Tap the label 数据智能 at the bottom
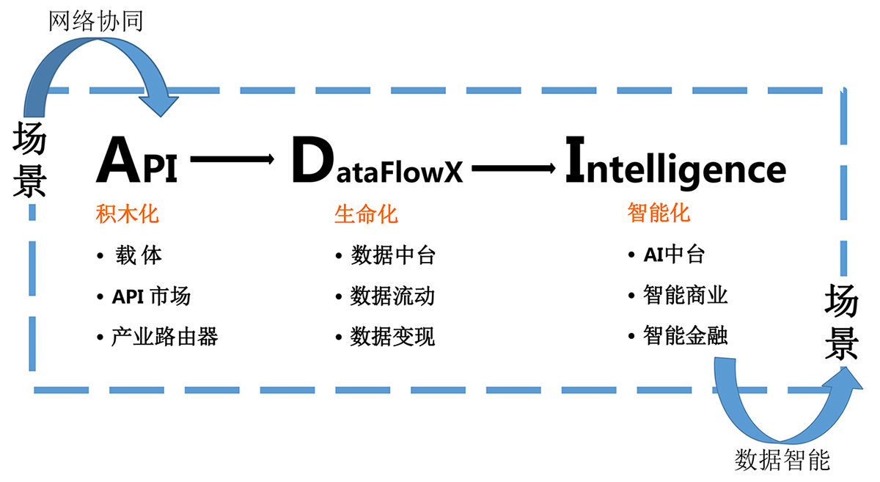pyautogui.click(x=782, y=460)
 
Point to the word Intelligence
pyautogui.click(x=675, y=165)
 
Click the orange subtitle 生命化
pyautogui.click(x=366, y=214)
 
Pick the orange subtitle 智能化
pyautogui.click(x=659, y=213)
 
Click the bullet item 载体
pyautogui.click(x=139, y=255)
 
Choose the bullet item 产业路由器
pyautogui.click(x=164, y=337)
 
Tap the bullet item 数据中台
pyautogui.click(x=392, y=255)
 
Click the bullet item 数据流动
pyautogui.click(x=392, y=296)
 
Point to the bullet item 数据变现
pyautogui.click(x=392, y=337)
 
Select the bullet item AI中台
pyautogui.click(x=674, y=255)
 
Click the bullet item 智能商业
pyautogui.click(x=685, y=296)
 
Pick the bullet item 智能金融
pyautogui.click(x=685, y=336)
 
